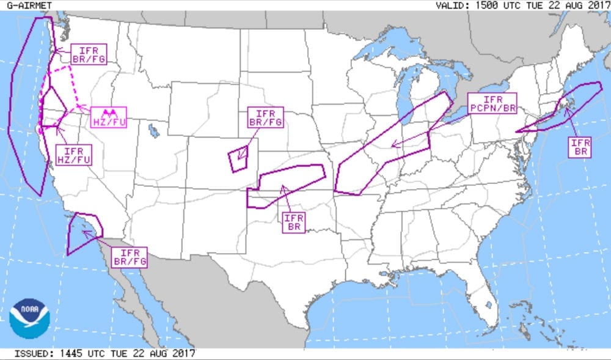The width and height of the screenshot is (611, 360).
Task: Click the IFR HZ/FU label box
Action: [x=73, y=155]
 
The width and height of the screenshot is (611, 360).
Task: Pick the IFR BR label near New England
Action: [x=579, y=147]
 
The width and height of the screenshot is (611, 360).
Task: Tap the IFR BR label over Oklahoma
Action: [x=294, y=222]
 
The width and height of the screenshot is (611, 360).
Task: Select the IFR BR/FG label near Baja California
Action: [x=130, y=258]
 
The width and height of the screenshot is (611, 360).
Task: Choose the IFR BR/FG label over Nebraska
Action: [x=266, y=118]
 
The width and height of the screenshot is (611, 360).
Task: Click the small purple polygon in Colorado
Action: [x=239, y=159]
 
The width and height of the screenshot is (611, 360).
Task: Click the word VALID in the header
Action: [x=450, y=5]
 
